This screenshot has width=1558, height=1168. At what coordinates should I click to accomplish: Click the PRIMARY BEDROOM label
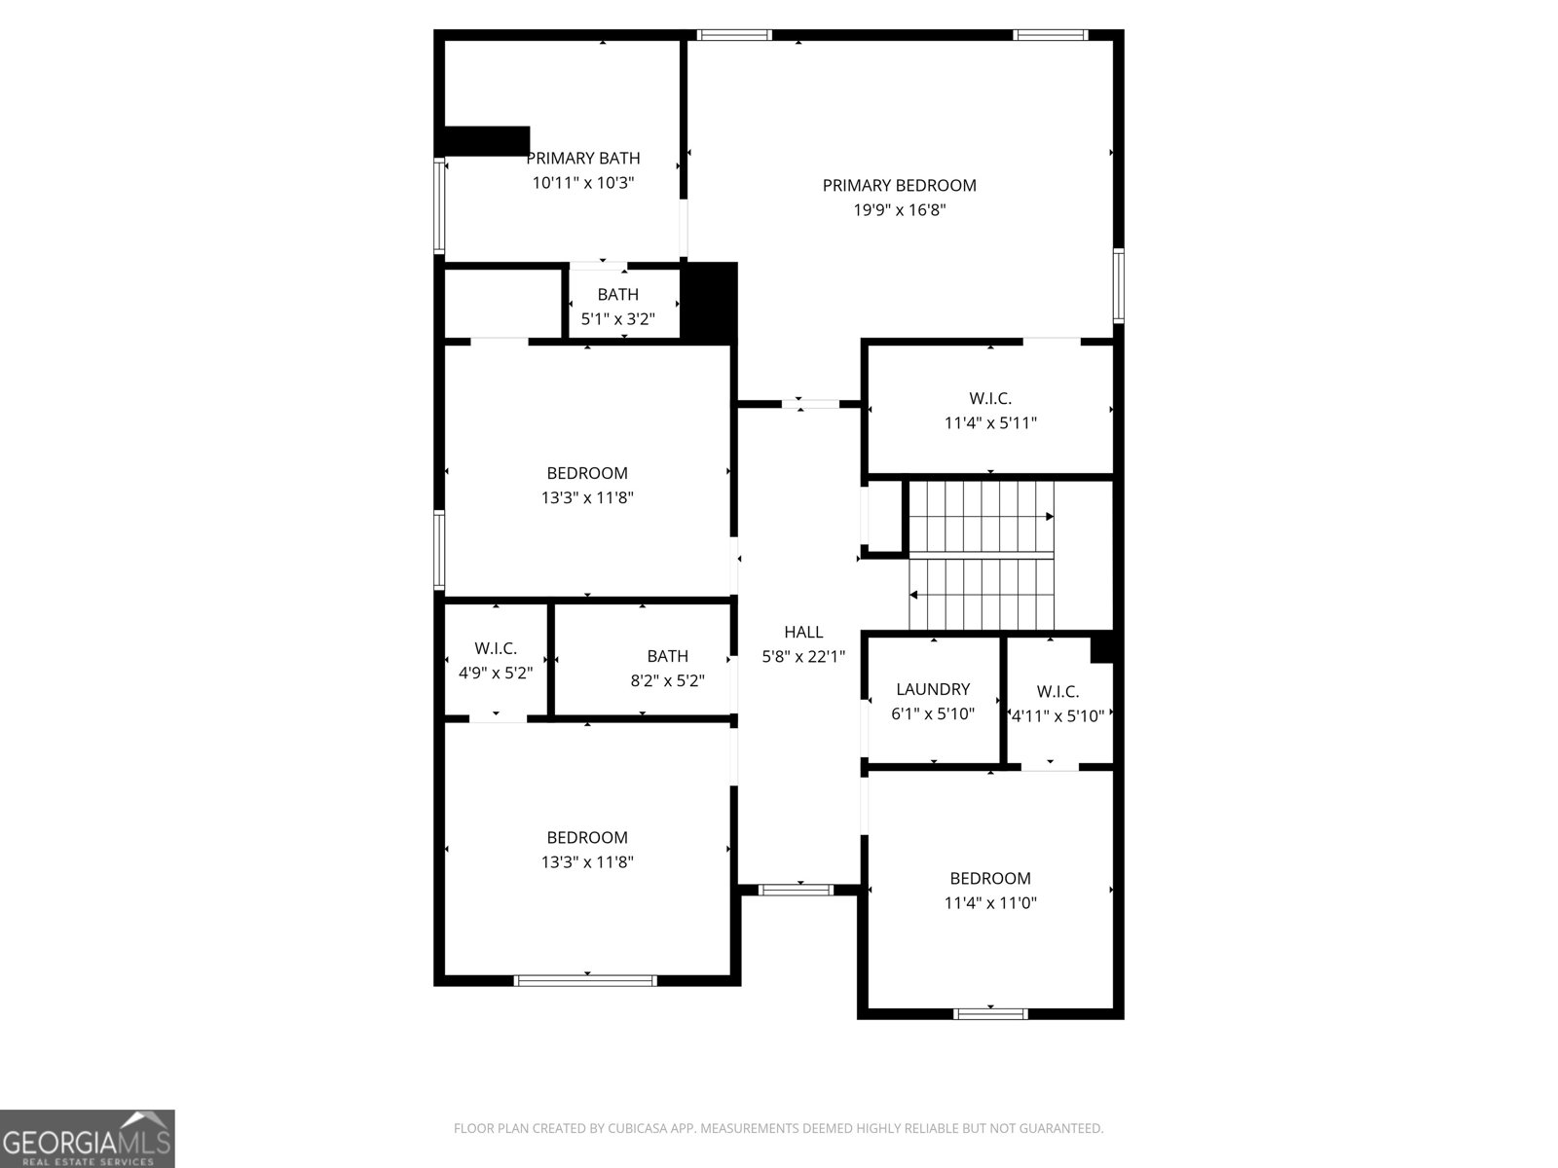[x=899, y=185]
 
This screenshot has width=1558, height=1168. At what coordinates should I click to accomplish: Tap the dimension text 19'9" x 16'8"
[x=899, y=210]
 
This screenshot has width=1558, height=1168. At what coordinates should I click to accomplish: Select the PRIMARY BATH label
[x=583, y=158]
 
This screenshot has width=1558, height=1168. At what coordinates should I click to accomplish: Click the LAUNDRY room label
[x=932, y=689]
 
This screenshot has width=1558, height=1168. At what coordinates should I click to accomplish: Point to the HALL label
[x=803, y=632]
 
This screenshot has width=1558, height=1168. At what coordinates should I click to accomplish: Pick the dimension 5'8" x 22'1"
[x=803, y=657]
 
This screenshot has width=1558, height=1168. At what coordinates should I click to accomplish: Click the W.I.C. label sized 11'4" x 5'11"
[x=990, y=398]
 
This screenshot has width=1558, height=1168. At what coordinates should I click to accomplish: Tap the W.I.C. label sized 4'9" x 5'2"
[x=496, y=648]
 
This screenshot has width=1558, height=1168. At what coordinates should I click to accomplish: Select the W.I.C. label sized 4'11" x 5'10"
[x=1057, y=692]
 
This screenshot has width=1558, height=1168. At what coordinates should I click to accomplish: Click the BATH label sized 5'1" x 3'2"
[x=617, y=294]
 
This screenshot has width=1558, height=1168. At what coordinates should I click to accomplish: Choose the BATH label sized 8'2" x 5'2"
[x=667, y=656]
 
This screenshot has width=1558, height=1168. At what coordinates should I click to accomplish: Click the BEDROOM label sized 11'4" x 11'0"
[x=990, y=878]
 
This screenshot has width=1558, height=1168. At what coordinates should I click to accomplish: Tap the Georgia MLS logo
[x=88, y=1138]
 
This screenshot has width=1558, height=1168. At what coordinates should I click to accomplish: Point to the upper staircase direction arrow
[x=1049, y=517]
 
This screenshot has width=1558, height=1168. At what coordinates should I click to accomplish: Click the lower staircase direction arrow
[x=915, y=594]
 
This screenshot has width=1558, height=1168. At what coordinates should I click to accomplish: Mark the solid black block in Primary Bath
[x=487, y=140]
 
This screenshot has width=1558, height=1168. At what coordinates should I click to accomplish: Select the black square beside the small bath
[x=711, y=302]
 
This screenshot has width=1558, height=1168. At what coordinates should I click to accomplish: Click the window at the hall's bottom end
[x=796, y=889]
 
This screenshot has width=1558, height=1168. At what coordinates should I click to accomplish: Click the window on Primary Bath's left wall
[x=439, y=206]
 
